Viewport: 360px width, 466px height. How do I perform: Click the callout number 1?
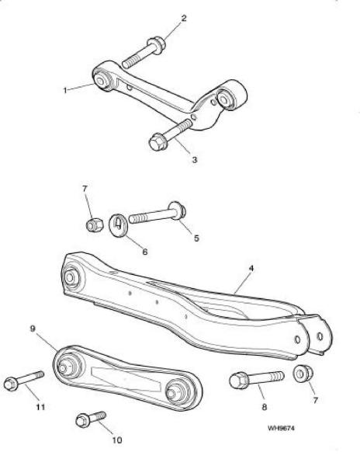[x=65, y=90]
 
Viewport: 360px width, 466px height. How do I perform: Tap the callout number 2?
[x=184, y=19]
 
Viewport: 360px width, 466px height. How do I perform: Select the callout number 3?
[x=195, y=159]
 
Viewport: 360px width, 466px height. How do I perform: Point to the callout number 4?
[x=251, y=269]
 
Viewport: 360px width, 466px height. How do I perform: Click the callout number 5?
[x=196, y=238]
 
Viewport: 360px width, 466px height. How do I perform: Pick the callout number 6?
[x=145, y=252]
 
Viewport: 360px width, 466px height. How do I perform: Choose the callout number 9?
[x=33, y=329]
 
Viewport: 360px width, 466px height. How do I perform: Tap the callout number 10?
[x=117, y=440]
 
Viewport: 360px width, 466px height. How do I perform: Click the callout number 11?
[x=40, y=406]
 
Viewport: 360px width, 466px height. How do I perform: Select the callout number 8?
[x=264, y=406]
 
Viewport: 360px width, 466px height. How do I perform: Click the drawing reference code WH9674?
[x=281, y=428]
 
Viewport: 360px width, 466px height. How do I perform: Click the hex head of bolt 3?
[x=157, y=142]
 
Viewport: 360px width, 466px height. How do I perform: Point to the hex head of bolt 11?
[x=11, y=384]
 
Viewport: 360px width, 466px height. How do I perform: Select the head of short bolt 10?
[x=81, y=420]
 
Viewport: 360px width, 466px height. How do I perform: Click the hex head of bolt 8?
[x=239, y=381]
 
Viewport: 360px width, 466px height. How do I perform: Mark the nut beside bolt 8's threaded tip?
[x=303, y=373]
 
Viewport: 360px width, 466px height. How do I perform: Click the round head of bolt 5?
[x=177, y=210]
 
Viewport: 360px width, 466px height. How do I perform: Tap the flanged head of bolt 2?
[x=158, y=45]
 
